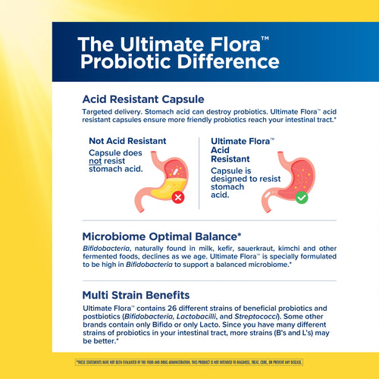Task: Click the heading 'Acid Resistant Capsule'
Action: click(143, 99)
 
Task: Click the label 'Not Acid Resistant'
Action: click(127, 141)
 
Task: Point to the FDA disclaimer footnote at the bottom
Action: click(189, 362)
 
